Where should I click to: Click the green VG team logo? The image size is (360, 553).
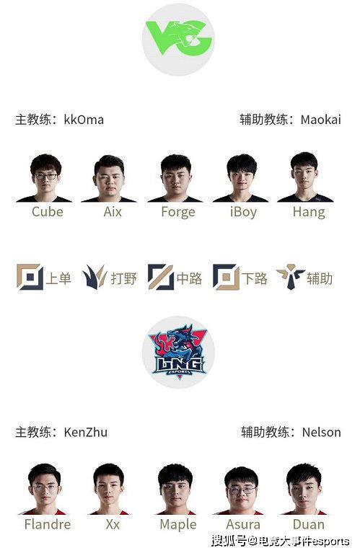(179, 38)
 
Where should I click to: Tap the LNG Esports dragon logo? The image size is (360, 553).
(179, 352)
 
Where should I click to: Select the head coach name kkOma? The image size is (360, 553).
(84, 120)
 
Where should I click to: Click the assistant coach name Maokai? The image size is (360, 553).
(321, 120)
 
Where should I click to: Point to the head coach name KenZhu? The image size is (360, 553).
(85, 432)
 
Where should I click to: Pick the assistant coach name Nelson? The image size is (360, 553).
(322, 432)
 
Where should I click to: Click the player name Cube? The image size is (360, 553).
(48, 211)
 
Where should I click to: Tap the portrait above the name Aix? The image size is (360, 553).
(109, 179)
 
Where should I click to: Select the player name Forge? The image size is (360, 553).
(178, 212)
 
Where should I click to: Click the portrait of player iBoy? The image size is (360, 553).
(241, 178)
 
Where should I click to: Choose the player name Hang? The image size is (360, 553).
(309, 212)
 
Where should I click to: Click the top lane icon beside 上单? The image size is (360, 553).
(30, 277)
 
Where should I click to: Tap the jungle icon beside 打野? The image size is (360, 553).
(95, 277)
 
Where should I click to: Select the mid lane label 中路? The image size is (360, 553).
(189, 278)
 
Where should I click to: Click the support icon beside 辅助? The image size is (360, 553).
(291, 277)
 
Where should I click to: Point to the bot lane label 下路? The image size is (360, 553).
(255, 278)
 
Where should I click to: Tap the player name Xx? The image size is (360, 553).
(113, 524)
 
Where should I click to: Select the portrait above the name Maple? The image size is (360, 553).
(175, 489)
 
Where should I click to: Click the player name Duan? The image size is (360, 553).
(309, 524)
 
